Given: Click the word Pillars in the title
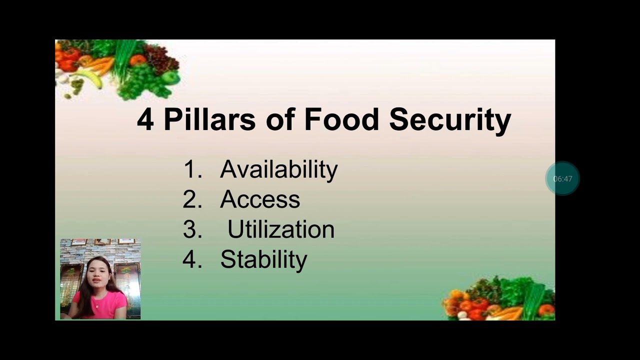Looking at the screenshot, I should point(209,120).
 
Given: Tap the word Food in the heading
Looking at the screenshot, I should point(341,120).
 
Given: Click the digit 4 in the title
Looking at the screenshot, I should point(145,120).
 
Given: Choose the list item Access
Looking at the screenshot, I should point(260,199).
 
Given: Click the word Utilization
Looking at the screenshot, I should point(280,229).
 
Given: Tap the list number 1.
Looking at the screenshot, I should point(192,169).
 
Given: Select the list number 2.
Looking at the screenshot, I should point(192,199).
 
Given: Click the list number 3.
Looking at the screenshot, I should point(192,229).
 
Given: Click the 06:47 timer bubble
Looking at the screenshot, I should point(562,178).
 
